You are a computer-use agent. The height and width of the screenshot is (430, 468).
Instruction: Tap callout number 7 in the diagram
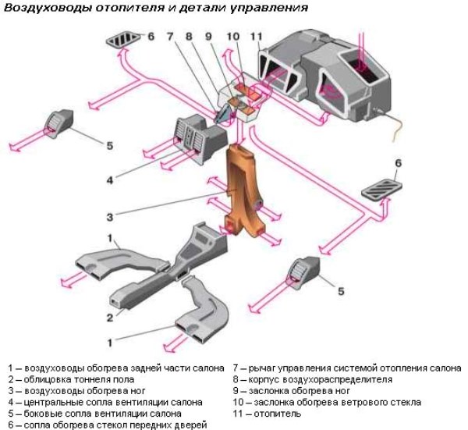[172, 36]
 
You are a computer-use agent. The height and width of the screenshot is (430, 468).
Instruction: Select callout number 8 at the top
[190, 36]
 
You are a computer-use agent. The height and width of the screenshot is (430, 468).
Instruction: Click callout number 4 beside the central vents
[111, 179]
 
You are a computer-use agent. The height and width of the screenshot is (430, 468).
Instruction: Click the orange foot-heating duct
[244, 187]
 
